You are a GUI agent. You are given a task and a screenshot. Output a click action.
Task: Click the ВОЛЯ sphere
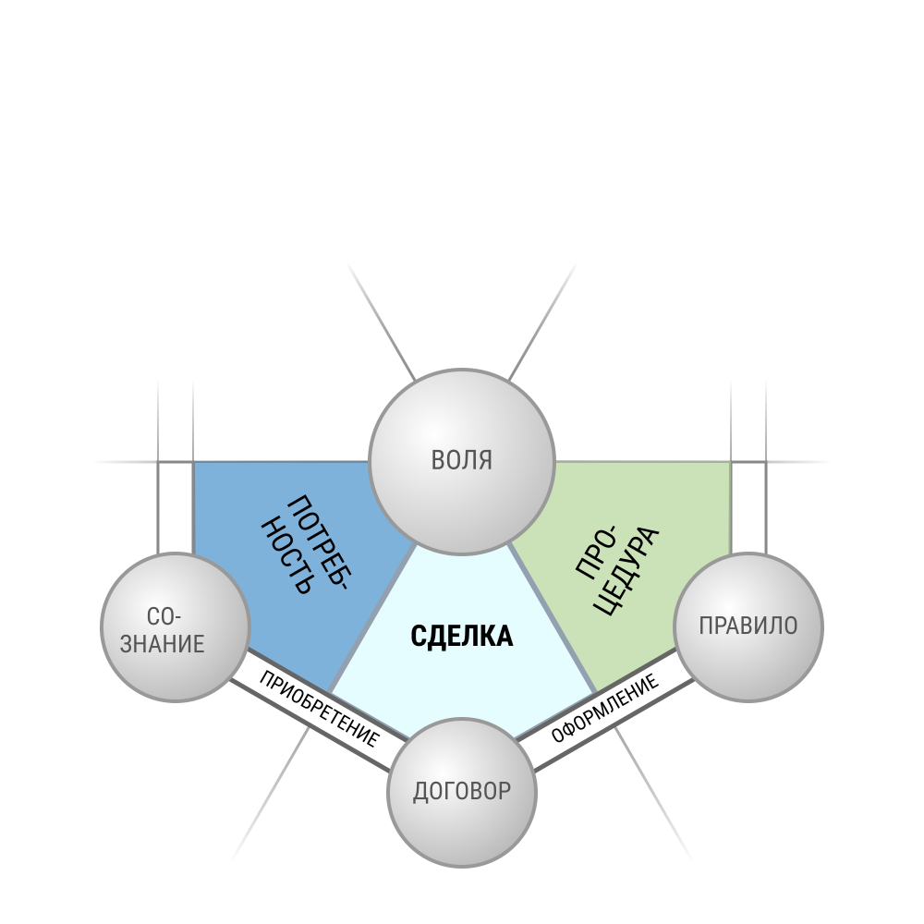click(x=462, y=461)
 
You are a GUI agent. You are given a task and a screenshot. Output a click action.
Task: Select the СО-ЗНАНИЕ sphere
click(x=176, y=627)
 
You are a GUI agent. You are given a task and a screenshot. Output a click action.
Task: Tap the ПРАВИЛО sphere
click(x=748, y=627)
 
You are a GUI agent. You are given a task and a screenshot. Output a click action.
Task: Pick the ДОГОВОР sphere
click(x=462, y=793)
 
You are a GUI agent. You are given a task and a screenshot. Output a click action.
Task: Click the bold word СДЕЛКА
click(x=461, y=637)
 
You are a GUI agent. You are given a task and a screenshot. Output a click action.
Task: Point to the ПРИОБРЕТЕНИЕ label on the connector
click(x=319, y=709)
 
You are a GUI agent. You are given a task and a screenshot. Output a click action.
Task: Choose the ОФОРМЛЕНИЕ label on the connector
click(x=604, y=709)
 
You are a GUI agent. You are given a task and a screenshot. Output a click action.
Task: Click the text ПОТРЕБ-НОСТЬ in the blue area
click(x=306, y=544)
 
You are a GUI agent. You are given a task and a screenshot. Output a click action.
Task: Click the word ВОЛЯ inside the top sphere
click(x=461, y=460)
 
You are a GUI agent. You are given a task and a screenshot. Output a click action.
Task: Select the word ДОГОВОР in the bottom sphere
click(x=461, y=792)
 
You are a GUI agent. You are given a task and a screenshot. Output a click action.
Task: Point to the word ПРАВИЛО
click(x=748, y=626)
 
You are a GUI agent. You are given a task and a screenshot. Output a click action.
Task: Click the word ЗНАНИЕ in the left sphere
click(x=162, y=643)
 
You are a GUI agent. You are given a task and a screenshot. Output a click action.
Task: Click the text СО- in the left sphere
click(x=164, y=617)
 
